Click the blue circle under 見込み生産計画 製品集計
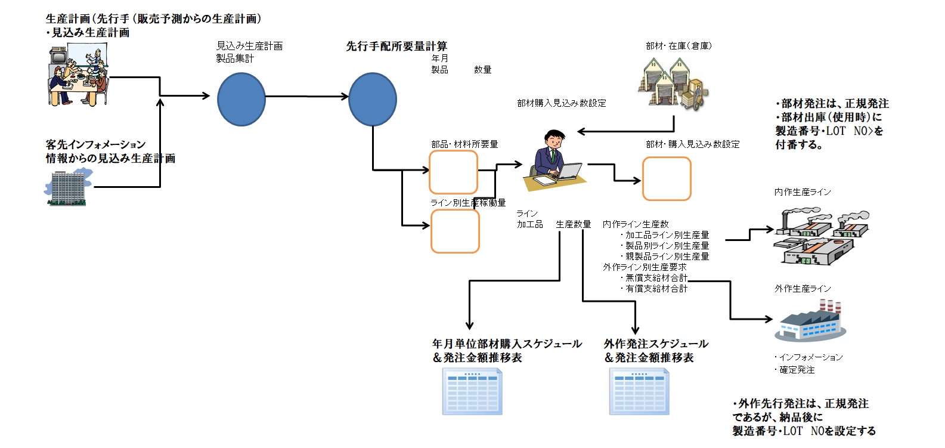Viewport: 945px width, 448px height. (x=241, y=99)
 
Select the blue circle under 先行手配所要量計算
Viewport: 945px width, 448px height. (x=372, y=99)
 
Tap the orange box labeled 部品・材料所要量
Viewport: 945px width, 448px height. (x=453, y=172)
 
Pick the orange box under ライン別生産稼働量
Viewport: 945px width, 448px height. (x=455, y=231)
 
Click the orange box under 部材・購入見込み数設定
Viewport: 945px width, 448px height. (x=667, y=179)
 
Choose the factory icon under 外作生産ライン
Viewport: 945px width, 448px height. (x=810, y=320)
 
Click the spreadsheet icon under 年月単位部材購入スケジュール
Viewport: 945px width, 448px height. (x=472, y=391)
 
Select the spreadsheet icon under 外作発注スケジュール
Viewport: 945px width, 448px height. (x=639, y=391)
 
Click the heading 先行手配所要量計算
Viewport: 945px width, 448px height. (x=396, y=46)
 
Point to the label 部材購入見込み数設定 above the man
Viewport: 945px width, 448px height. (x=562, y=103)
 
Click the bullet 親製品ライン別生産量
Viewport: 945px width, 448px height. (x=667, y=257)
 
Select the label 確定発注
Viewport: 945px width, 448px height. (x=797, y=370)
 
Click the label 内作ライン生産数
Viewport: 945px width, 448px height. (x=636, y=224)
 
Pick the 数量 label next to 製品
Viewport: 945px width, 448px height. (x=483, y=70)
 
